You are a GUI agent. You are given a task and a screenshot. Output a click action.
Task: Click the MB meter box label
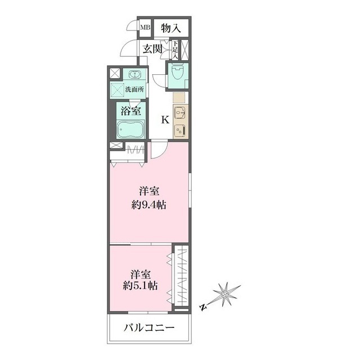145,27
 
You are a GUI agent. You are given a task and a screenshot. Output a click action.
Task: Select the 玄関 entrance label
152,49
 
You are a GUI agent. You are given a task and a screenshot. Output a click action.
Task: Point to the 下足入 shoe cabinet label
175,50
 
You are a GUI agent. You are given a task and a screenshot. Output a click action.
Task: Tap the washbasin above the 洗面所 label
135,75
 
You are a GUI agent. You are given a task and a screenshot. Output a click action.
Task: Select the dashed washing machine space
118,89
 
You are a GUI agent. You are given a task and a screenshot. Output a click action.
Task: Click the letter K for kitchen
165,119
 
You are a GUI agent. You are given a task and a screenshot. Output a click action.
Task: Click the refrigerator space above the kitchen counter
178,97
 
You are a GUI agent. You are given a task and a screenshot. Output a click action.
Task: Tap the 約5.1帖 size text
139,285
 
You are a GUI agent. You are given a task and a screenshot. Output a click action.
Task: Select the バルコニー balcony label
149,328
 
